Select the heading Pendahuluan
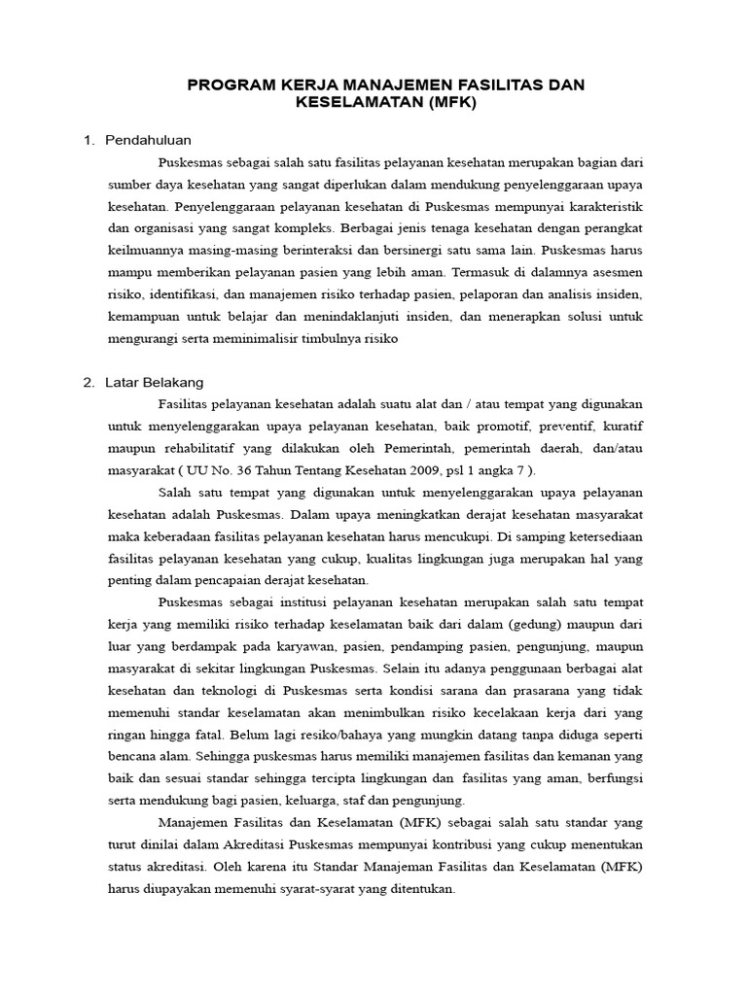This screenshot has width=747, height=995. [x=149, y=140]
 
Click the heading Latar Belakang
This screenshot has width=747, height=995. [x=155, y=382]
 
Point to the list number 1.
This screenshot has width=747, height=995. [x=89, y=140]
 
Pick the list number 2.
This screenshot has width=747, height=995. [x=89, y=382]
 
